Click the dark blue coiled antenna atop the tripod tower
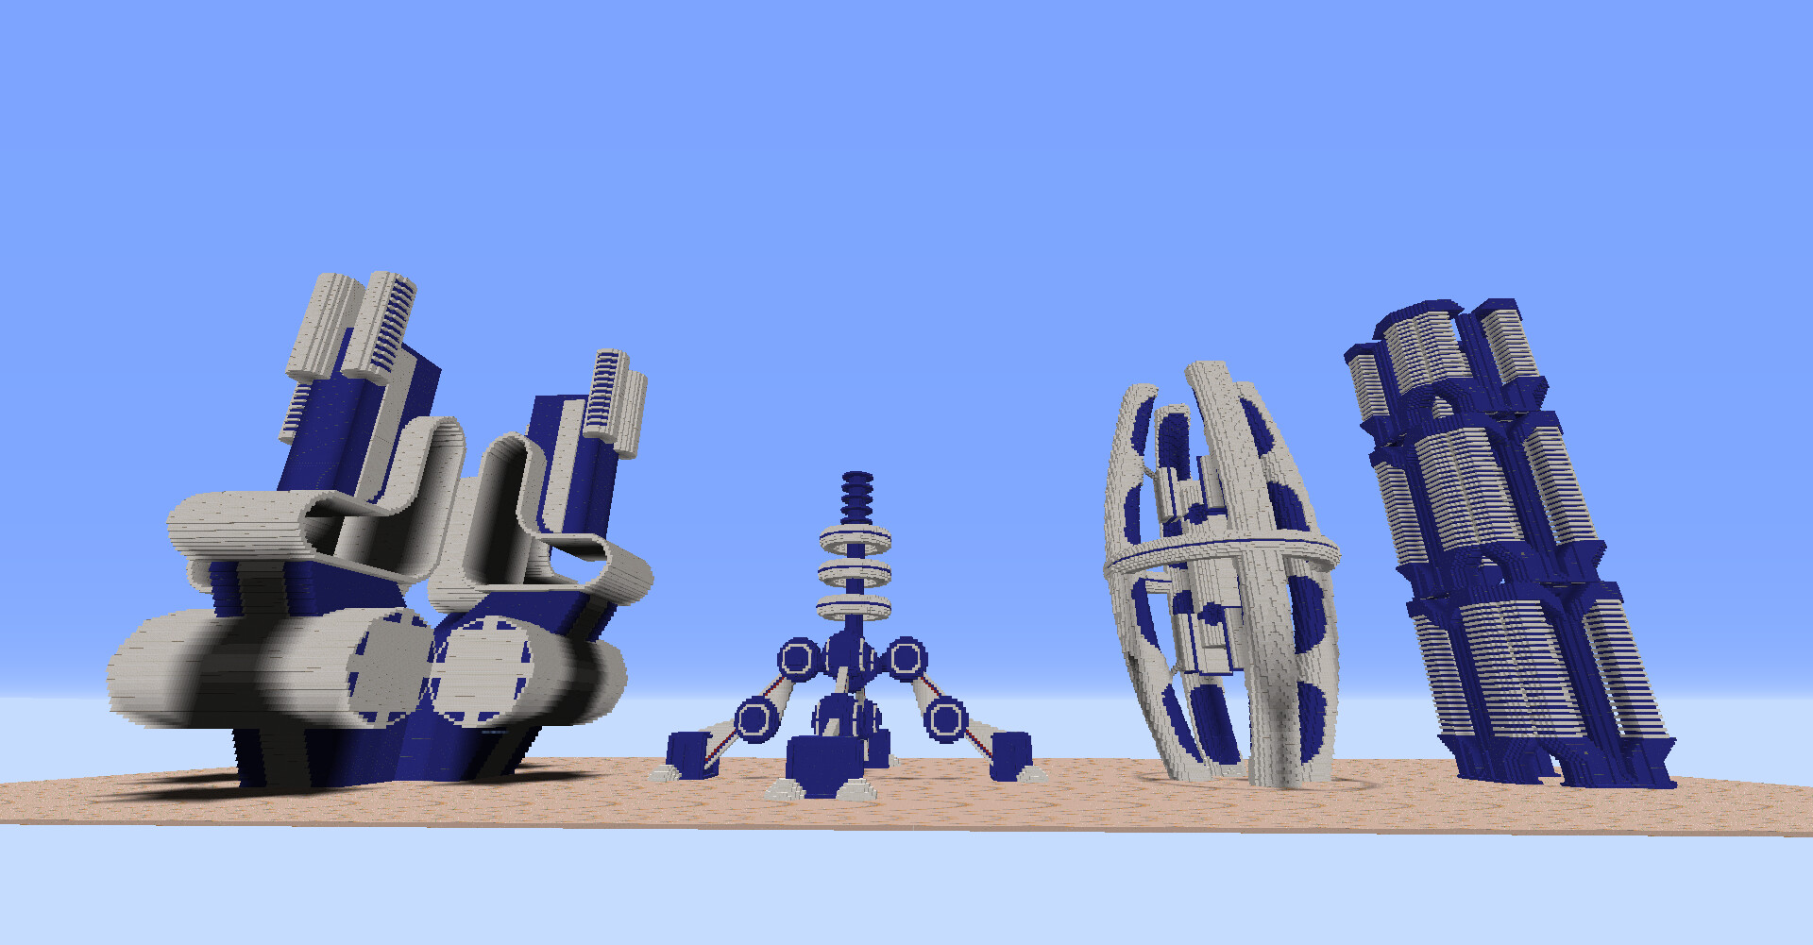tap(856, 497)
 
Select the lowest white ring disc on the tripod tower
tap(855, 607)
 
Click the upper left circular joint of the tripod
tap(799, 657)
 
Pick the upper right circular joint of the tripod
tap(906, 657)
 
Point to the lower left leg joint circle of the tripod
tap(754, 719)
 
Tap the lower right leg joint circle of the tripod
tap(945, 719)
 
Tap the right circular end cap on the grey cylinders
tap(483, 670)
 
